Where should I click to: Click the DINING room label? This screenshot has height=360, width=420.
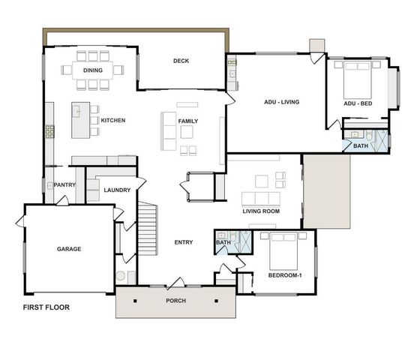coord(93,70)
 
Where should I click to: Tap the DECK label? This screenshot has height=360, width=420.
coord(181,61)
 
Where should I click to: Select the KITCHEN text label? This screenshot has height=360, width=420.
coord(112,120)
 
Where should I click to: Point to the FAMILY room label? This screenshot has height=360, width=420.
coord(187,121)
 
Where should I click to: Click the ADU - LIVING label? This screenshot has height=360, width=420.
coord(282,101)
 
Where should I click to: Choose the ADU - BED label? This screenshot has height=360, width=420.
coord(358,103)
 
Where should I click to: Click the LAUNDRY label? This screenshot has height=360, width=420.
coord(118,190)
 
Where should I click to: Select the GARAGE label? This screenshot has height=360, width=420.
coord(68,249)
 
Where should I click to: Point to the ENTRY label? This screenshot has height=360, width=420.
coord(184,242)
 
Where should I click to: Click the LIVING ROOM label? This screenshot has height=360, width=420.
coord(260,211)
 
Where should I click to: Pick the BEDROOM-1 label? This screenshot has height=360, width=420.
coord(286,275)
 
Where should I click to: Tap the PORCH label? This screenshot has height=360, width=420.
coord(175,301)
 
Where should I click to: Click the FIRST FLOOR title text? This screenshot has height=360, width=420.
coord(46,307)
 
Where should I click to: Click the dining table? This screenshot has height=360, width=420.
coord(93,70)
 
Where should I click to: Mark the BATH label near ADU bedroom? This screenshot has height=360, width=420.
coord(361,145)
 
